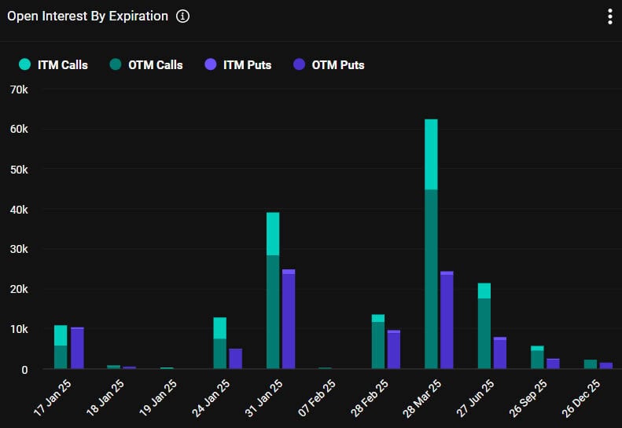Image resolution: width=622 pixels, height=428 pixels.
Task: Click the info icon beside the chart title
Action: click(182, 16)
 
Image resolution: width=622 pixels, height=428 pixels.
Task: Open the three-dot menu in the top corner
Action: click(609, 16)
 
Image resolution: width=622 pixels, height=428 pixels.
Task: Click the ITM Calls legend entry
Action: click(54, 64)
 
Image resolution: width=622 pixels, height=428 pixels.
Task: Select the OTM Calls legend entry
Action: click(145, 64)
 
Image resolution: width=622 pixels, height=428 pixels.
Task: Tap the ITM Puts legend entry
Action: click(237, 64)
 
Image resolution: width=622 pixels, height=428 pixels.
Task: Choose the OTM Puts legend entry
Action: click(329, 64)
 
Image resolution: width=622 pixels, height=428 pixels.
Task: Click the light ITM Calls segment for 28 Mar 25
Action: click(431, 154)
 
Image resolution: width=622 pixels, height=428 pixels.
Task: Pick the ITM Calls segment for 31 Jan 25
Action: click(273, 233)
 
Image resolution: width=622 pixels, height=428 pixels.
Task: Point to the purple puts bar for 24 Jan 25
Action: click(235, 359)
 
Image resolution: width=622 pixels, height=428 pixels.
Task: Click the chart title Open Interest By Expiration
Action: click(87, 16)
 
